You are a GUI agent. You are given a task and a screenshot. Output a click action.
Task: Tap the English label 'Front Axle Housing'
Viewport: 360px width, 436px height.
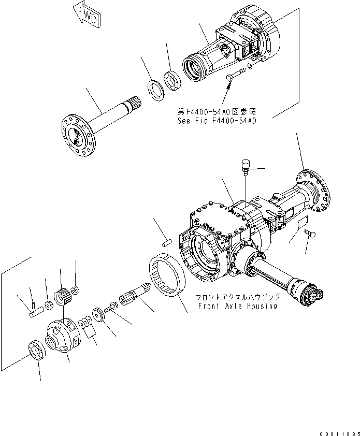pos(237,306)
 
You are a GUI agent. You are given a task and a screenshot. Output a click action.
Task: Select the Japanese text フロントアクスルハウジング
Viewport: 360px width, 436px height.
pos(238,297)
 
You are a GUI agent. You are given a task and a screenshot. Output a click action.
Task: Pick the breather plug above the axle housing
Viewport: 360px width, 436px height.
pos(245,166)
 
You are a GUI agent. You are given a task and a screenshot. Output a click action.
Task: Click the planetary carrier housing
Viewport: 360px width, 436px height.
pos(64,338)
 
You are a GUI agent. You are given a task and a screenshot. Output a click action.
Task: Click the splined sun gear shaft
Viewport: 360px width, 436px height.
pos(135,299)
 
